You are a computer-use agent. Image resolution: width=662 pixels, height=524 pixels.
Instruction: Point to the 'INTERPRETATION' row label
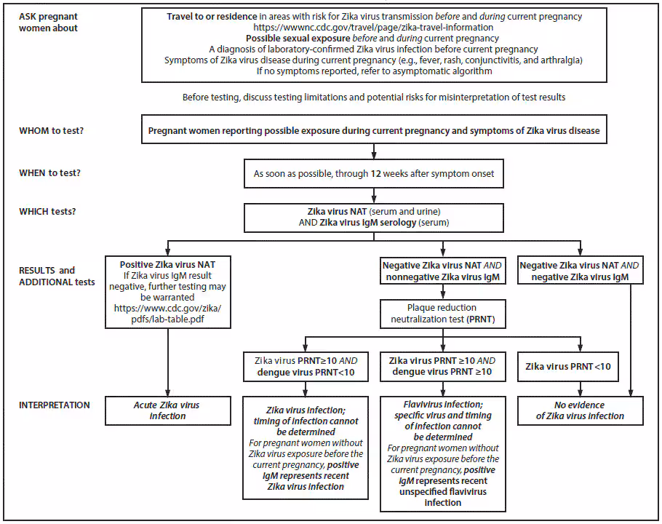(x=55, y=405)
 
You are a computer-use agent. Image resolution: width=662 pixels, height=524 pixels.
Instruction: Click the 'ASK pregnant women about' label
(x=48, y=22)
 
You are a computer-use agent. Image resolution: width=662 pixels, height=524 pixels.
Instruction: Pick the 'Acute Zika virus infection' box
(x=167, y=410)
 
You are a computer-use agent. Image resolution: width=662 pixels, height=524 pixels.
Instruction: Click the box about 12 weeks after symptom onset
(x=373, y=174)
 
